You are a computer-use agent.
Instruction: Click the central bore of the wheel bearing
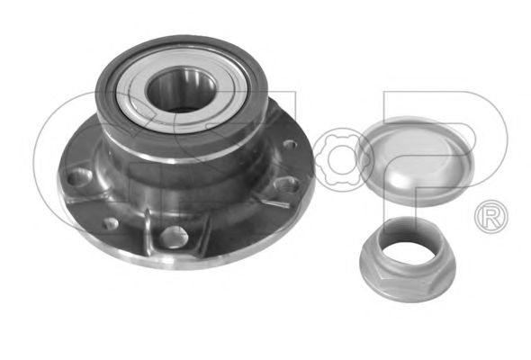tap(181, 90)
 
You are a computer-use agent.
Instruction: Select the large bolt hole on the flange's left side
tap(79, 177)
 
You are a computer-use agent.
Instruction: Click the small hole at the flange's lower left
tap(111, 223)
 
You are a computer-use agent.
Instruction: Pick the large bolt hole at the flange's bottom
tap(174, 237)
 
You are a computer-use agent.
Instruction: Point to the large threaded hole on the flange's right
tap(287, 185)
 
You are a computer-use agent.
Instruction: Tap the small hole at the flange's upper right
tap(290, 146)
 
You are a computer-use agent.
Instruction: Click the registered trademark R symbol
tap(491, 217)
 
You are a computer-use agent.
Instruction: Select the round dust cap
tap(416, 161)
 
